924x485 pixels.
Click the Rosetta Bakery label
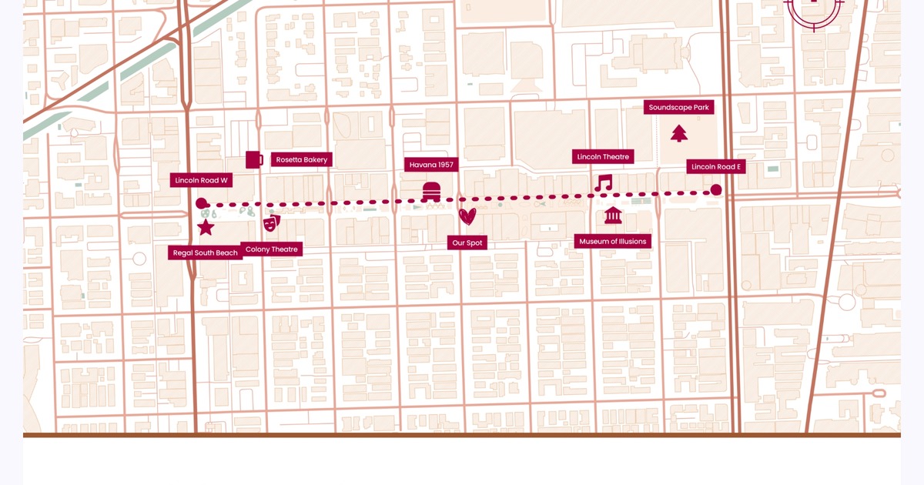tap(301, 159)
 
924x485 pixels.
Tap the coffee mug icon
tap(254, 159)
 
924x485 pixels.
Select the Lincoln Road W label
tap(202, 180)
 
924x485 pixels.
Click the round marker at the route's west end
tap(202, 204)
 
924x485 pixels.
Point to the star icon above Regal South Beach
tap(206, 227)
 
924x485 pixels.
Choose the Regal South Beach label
tap(205, 253)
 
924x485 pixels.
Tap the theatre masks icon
tap(271, 223)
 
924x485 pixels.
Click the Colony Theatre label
tap(271, 249)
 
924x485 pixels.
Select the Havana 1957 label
tap(431, 165)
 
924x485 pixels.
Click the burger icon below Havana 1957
tap(431, 190)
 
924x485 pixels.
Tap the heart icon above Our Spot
tap(467, 216)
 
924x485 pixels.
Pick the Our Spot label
tap(467, 242)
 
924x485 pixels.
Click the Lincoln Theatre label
tap(604, 156)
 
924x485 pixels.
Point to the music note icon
tap(603, 182)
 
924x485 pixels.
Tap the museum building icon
tap(613, 215)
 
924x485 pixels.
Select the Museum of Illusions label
tap(613, 241)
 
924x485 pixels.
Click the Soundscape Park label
tap(678, 107)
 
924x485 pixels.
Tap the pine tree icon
tap(678, 133)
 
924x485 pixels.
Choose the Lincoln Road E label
tap(716, 166)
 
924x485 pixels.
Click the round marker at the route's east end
tap(716, 189)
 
